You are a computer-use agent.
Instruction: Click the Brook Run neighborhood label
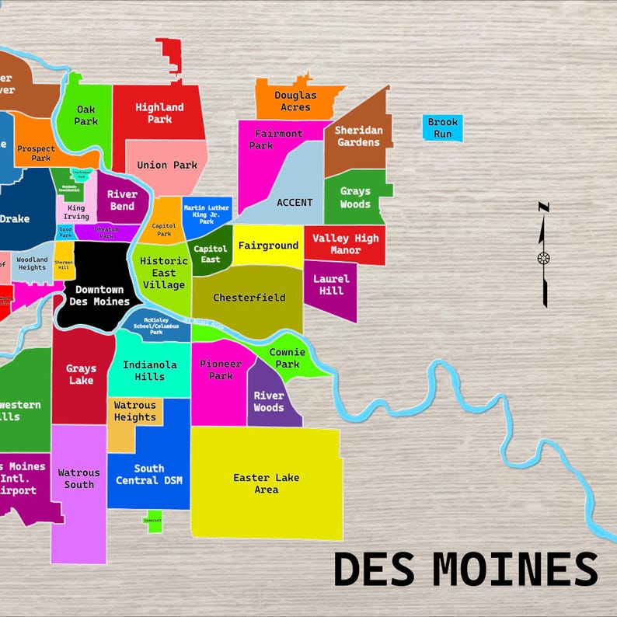(x=443, y=128)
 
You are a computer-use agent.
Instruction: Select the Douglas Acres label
(x=295, y=101)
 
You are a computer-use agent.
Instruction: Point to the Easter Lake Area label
(x=266, y=483)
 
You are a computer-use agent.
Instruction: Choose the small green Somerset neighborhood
(x=153, y=521)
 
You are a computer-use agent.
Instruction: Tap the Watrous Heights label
(x=135, y=411)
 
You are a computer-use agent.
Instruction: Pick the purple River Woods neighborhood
(x=269, y=402)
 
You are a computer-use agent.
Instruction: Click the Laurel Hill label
(x=331, y=284)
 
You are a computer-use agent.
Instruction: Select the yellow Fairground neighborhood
(x=268, y=246)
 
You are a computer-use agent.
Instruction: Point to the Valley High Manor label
(x=345, y=244)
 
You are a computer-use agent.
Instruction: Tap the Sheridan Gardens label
(x=358, y=136)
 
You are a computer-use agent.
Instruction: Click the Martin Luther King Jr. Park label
(x=206, y=213)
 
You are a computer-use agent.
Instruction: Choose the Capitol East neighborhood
(x=210, y=254)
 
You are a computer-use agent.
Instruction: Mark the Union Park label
(x=167, y=165)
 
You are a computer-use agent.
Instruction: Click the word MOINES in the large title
(x=515, y=569)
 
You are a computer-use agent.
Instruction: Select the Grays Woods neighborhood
(x=355, y=197)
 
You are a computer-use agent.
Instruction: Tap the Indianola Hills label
(x=149, y=370)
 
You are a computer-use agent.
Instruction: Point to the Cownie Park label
(x=287, y=358)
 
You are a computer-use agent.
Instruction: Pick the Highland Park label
(x=159, y=113)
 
